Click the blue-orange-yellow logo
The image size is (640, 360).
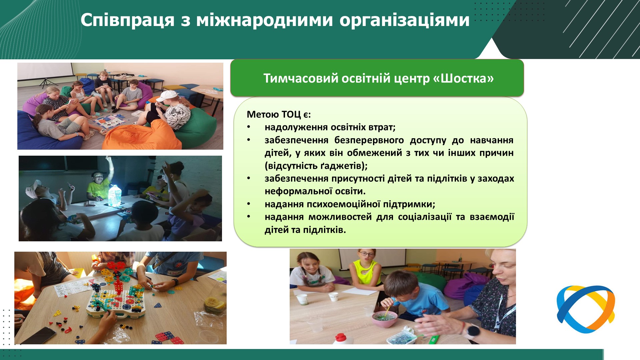[586, 309]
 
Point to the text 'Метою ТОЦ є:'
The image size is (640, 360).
[279, 115]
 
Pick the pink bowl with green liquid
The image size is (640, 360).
[385, 319]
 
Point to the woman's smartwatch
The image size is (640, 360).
[473, 331]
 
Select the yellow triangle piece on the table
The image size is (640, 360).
[58, 314]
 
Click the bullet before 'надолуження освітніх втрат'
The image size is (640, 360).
[249, 127]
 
